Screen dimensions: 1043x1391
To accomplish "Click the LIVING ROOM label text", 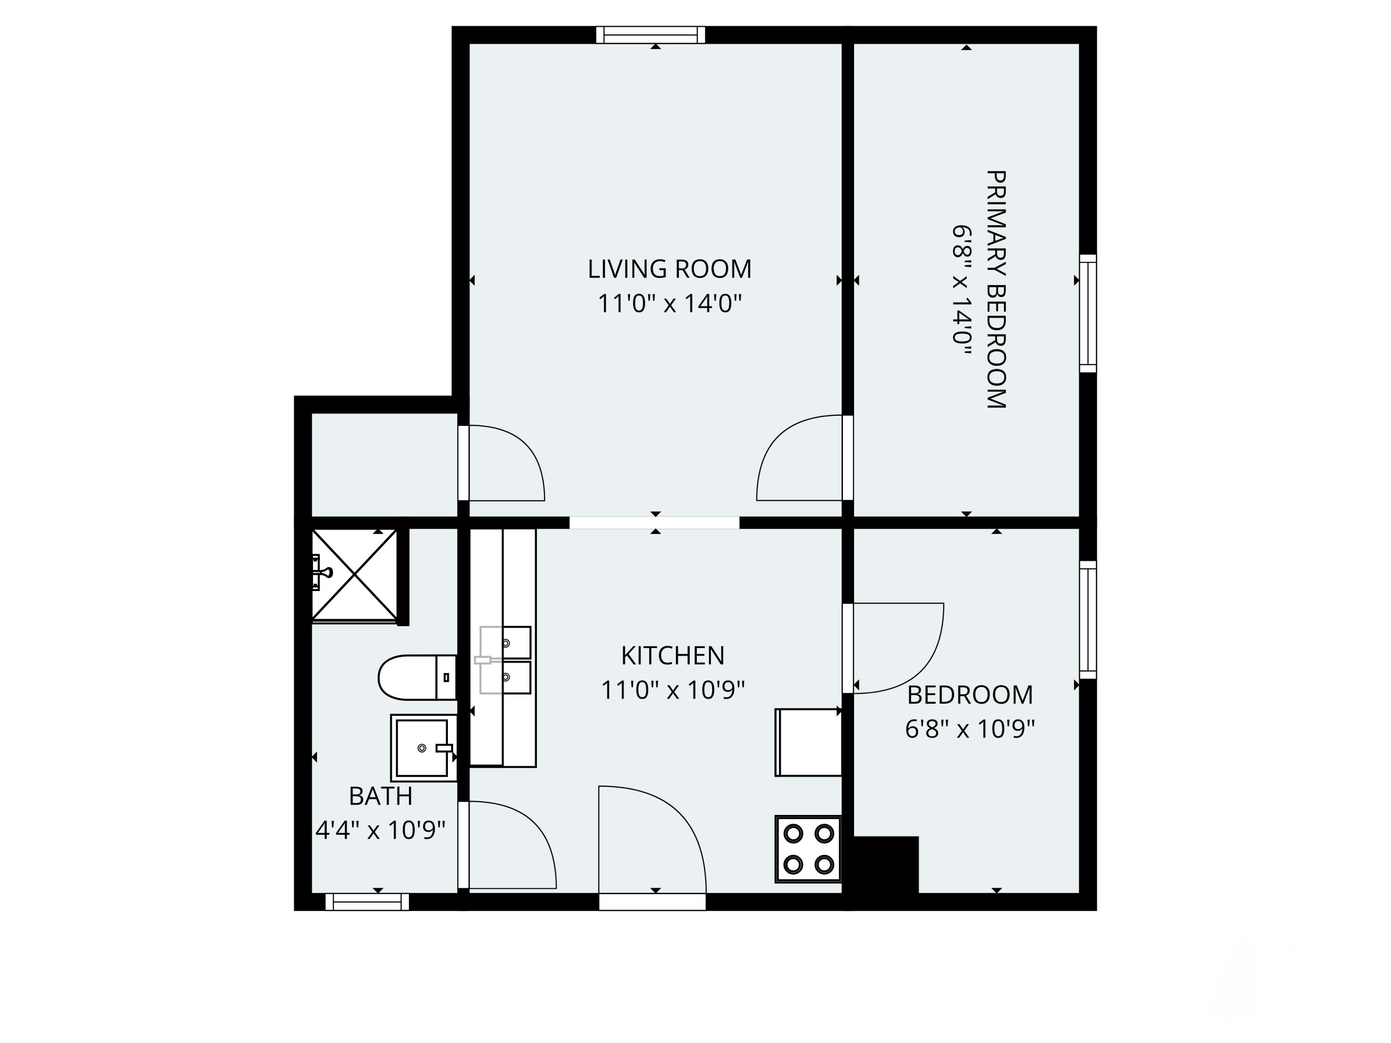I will point(669,269).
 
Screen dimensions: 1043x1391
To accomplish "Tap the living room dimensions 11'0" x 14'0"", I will point(669,304).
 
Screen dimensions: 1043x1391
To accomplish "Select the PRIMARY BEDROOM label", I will point(996,289).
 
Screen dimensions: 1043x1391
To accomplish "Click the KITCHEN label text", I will point(672,656).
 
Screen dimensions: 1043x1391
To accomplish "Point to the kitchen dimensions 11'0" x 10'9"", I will point(672,690).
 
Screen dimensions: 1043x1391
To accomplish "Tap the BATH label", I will point(381,796).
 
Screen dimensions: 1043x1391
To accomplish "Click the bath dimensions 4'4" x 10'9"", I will point(381,831).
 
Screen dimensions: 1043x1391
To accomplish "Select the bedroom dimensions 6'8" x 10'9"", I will point(970,729).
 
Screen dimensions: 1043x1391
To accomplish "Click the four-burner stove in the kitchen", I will point(809,849).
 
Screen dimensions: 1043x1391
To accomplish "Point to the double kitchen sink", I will point(505,660).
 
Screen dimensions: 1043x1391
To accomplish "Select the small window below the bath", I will point(367,902).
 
